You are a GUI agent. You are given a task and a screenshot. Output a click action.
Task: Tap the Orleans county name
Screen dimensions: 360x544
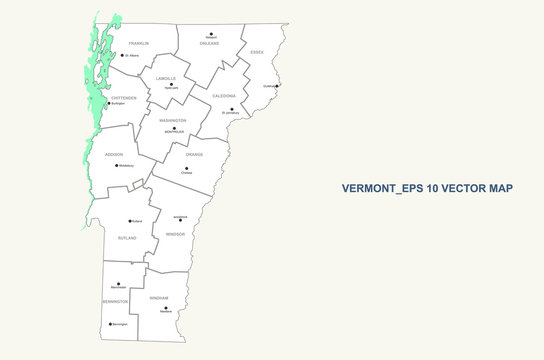tap(209, 44)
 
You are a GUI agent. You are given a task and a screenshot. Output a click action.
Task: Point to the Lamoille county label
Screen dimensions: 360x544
tap(166, 77)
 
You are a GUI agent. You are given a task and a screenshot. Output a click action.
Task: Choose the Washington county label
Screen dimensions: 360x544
tap(172, 121)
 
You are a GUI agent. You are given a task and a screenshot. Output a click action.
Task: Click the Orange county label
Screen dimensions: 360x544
tap(194, 154)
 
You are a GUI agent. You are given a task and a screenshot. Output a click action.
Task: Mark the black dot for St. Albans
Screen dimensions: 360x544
tap(122, 55)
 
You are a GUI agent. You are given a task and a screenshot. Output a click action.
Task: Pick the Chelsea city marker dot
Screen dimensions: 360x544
tap(186, 169)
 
